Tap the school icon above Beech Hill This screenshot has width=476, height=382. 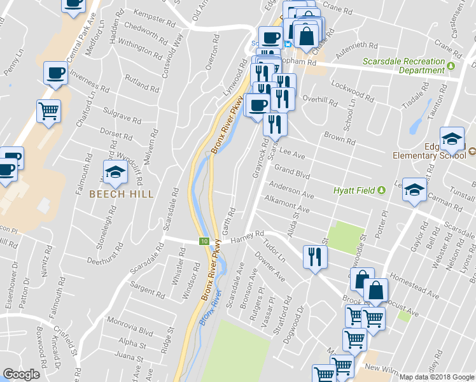pyautogui.click(x=115, y=173)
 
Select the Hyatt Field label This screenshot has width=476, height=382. pyautogui.click(x=354, y=190)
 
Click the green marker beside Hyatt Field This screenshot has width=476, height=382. pyautogui.click(x=381, y=190)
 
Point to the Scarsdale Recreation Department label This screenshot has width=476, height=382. pyautogui.click(x=403, y=66)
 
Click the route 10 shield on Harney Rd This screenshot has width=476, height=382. pyautogui.click(x=204, y=241)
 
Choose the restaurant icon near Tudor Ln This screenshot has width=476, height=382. pyautogui.click(x=314, y=257)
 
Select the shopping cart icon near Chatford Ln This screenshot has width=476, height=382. pyautogui.click(x=48, y=111)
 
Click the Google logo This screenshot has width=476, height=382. pyautogui.click(x=21, y=374)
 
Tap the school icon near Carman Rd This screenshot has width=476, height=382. pyautogui.click(x=414, y=190)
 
